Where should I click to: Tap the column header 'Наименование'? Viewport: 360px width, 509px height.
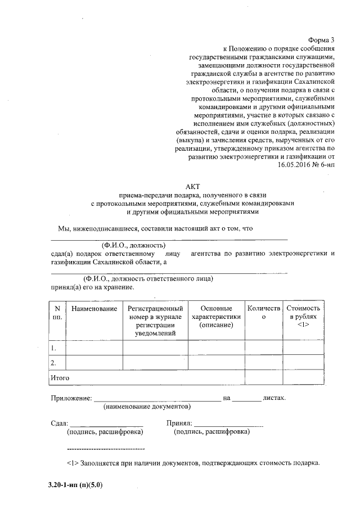pyautogui.click(x=94, y=309)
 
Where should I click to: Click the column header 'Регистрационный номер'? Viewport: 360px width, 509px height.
pyautogui.click(x=155, y=321)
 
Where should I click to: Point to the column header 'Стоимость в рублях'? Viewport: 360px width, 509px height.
pyautogui.click(x=303, y=317)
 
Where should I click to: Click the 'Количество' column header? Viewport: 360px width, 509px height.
pyautogui.click(x=263, y=313)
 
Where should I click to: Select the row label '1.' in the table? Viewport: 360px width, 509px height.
pyautogui.click(x=53, y=348)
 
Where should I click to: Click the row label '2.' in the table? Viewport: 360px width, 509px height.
pyautogui.click(x=53, y=363)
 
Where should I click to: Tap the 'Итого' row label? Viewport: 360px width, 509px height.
pyautogui.click(x=60, y=377)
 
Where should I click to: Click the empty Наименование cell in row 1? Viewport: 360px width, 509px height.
pyautogui.click(x=94, y=348)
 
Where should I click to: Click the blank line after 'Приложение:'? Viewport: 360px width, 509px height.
pyautogui.click(x=157, y=398)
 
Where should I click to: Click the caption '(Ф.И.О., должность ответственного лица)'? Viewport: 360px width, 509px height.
pyautogui.click(x=147, y=278)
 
